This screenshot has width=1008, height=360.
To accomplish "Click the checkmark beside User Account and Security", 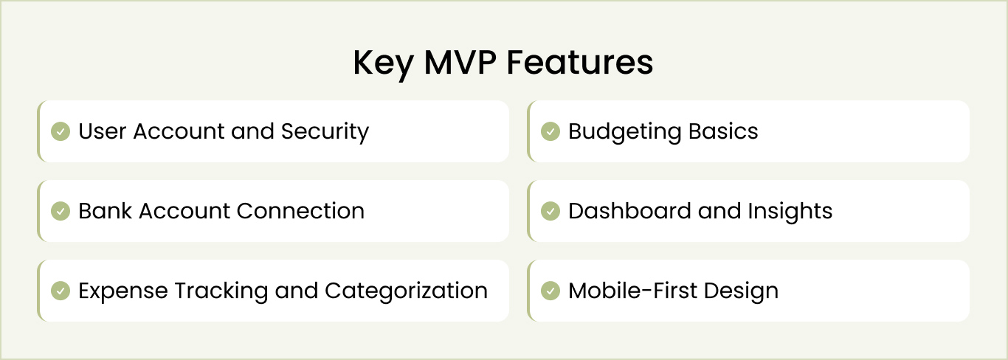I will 60,131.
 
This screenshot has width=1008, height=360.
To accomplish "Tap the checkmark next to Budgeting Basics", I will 550,131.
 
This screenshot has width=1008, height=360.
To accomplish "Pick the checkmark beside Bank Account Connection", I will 60,211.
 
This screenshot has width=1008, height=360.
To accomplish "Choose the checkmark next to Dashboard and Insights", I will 550,211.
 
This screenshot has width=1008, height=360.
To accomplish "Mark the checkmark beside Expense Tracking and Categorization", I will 60,291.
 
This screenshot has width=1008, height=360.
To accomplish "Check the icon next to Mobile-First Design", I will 550,291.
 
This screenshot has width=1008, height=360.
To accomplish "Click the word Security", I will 325,132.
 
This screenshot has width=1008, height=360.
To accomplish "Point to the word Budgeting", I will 625,132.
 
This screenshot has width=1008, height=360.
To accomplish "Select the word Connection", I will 300,211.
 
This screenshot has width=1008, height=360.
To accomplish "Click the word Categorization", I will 406,291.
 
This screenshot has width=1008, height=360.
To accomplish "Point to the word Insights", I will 790,211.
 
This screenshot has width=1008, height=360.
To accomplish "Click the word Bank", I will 106,211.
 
